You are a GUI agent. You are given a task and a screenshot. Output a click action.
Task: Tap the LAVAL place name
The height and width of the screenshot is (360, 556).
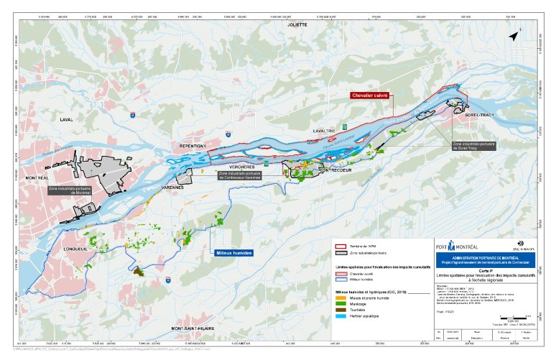click(x=67, y=120)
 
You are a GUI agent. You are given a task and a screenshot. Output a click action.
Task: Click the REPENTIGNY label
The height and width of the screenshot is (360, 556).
click(x=189, y=146)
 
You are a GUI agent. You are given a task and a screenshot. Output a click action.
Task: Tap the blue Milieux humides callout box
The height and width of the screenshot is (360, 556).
click(x=233, y=253)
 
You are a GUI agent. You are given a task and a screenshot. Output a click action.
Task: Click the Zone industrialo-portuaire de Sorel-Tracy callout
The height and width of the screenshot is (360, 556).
click(x=472, y=146)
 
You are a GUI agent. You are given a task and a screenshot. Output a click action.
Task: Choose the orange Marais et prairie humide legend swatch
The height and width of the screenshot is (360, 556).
click(x=342, y=297)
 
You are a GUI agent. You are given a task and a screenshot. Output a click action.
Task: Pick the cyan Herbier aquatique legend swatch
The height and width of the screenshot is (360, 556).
click(x=342, y=315)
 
